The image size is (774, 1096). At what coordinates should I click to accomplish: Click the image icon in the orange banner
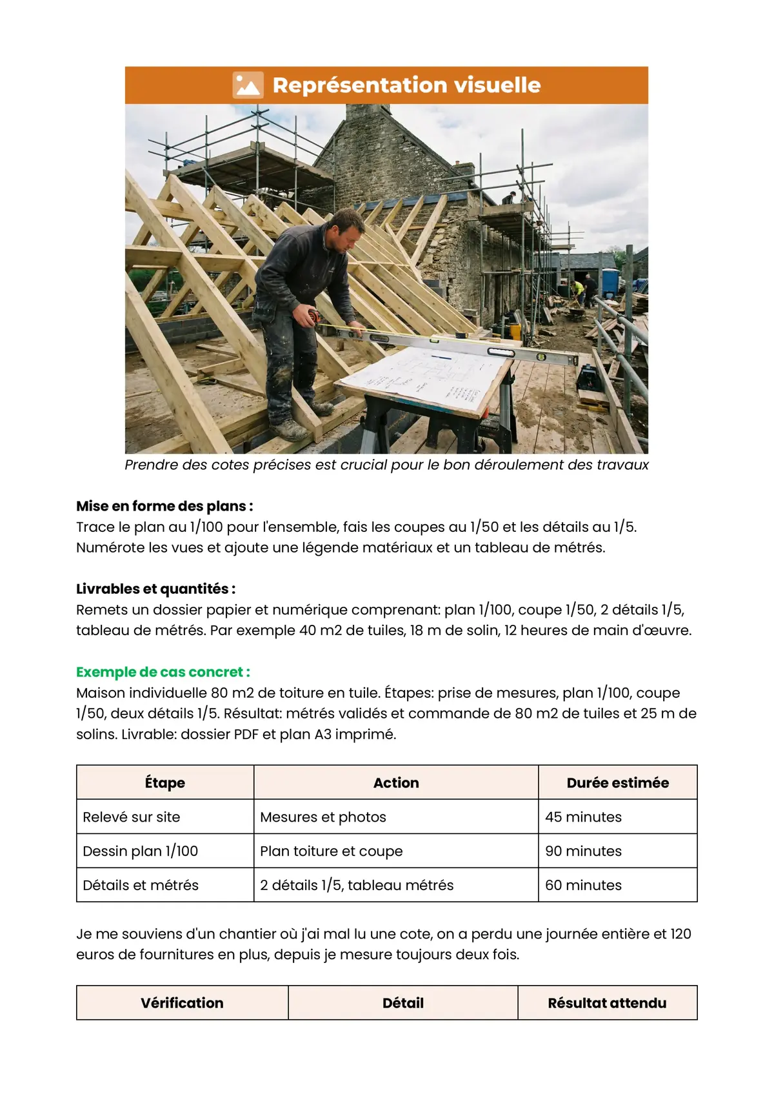248,85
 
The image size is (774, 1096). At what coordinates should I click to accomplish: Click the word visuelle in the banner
497,85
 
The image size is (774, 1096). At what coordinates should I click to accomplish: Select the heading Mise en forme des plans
164,506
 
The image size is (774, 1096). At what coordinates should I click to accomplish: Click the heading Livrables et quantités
155,589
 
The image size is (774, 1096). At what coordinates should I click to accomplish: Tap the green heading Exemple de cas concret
163,672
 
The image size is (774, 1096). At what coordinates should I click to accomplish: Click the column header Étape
165,783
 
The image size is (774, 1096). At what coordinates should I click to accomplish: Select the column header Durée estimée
617,783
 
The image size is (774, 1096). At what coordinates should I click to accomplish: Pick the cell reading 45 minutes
583,817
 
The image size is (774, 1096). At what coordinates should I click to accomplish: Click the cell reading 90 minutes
583,851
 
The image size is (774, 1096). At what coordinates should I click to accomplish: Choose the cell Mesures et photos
323,817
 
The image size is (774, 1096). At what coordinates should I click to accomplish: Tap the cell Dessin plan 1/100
141,851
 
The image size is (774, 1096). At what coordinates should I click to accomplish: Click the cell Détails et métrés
141,886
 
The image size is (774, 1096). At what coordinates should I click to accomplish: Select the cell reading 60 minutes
583,886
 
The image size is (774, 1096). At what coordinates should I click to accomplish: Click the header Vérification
182,1003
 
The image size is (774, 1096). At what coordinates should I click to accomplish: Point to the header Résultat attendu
607,1003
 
